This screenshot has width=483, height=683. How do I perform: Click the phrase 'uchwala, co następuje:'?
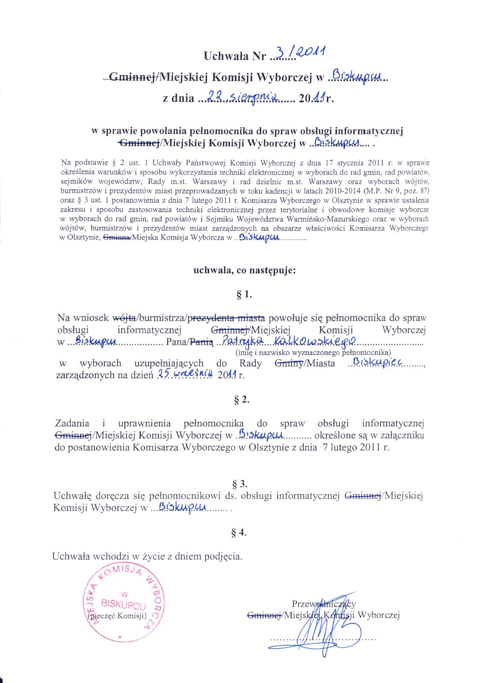pos(244,270)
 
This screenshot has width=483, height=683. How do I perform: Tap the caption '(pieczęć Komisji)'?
pos(116,616)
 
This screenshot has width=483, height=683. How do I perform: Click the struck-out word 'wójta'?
pos(124,318)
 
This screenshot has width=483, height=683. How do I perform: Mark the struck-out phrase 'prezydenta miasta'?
pos(226,318)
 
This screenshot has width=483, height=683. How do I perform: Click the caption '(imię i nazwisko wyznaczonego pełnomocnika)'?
pos(313,353)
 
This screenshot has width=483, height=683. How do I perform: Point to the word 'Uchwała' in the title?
pos(222,56)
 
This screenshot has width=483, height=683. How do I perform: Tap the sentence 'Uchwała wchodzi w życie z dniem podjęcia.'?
pos(147,556)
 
